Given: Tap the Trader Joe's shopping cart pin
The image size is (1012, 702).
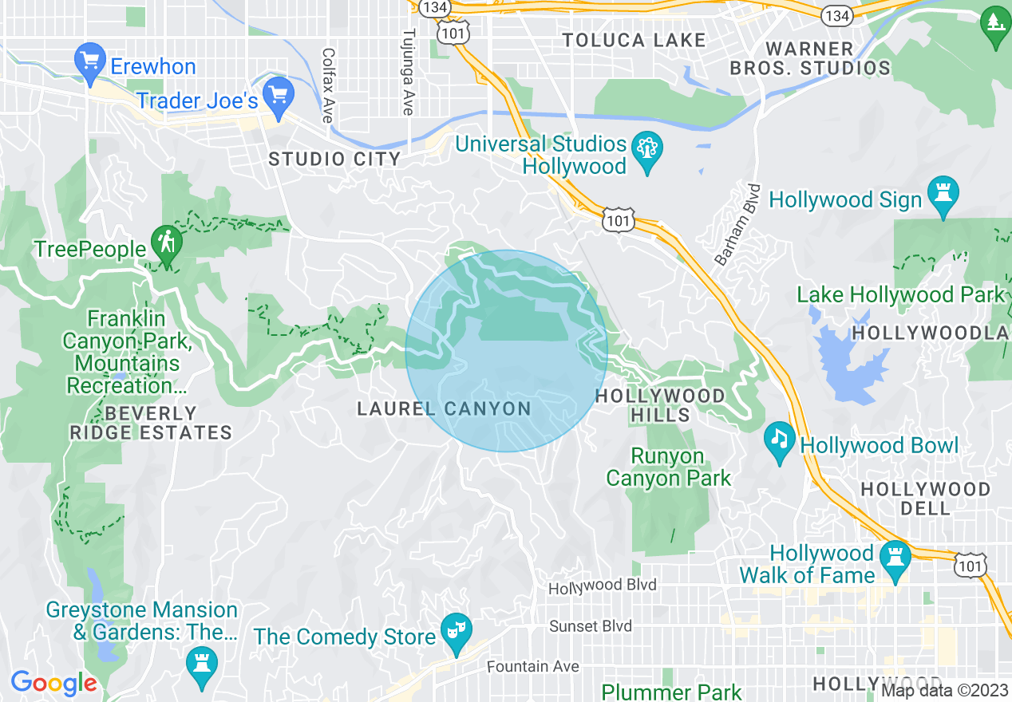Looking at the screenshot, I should (279, 95).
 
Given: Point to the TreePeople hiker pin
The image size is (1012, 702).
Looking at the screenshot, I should (167, 246).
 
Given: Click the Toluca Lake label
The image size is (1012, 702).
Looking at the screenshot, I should (634, 40).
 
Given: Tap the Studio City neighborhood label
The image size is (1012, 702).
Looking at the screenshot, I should (334, 159).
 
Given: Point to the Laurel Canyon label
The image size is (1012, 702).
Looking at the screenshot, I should (444, 409).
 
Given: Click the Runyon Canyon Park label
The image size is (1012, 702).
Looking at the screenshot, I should (668, 467).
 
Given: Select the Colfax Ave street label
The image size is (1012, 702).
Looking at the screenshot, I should (327, 85).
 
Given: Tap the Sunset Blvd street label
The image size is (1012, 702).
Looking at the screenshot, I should (591, 626).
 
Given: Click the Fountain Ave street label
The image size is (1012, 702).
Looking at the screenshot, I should (534, 666).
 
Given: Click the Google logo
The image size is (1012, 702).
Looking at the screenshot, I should (53, 683).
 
